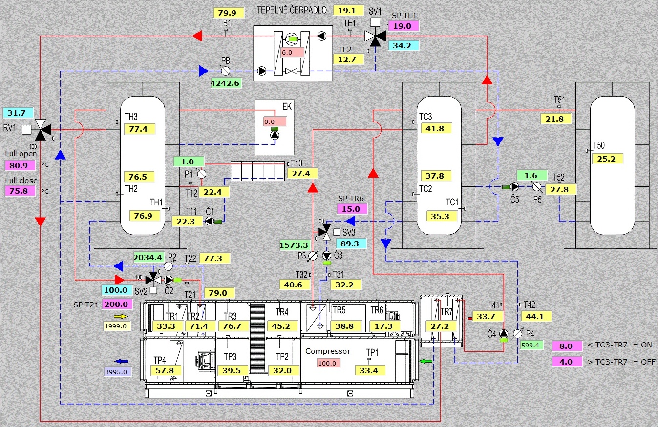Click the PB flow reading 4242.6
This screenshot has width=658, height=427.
coord(225,83)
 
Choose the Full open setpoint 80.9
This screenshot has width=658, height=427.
coord(18,165)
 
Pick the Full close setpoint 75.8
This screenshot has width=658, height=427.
coord(18,191)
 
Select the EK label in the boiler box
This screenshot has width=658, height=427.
coord(286,107)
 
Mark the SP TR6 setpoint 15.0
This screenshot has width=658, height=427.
coord(351,209)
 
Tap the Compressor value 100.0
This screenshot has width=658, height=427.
coord(327,363)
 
